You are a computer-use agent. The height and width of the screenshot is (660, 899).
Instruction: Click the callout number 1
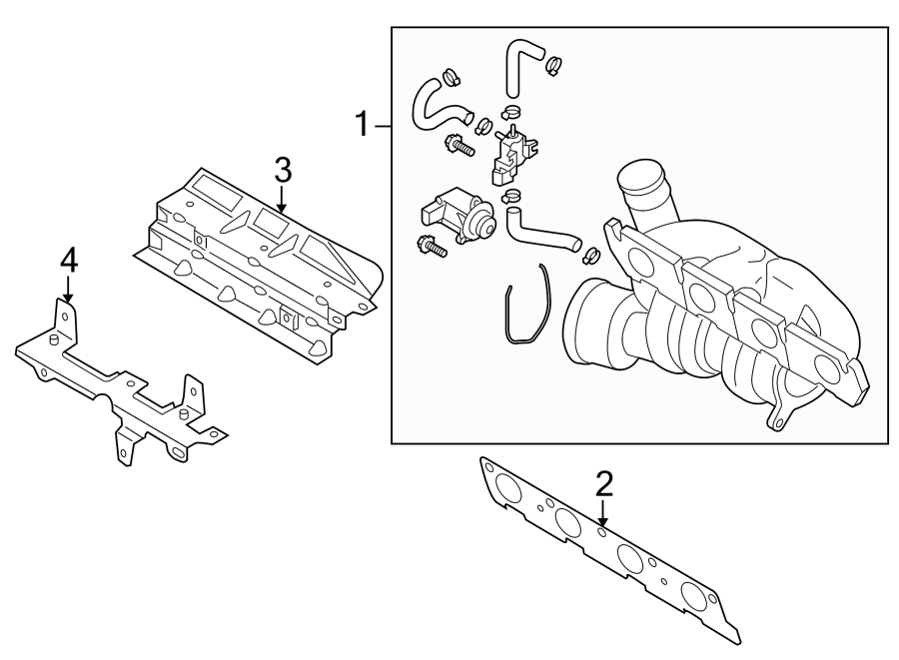tap(365, 125)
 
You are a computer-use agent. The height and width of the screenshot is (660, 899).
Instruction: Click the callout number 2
tap(602, 485)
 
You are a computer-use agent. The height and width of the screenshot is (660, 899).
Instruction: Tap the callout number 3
tap(283, 169)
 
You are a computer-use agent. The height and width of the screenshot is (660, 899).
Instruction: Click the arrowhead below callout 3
tap(283, 209)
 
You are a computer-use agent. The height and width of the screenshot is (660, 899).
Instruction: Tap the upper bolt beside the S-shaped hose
tap(460, 146)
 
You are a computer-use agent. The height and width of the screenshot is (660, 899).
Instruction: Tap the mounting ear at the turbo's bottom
tap(778, 419)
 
